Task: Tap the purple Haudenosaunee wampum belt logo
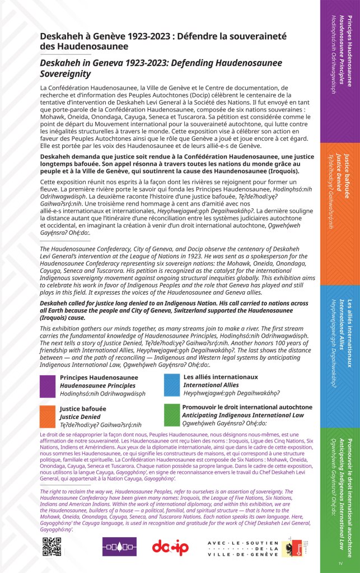coord(119,546)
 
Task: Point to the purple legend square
coord(48,385)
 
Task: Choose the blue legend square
coord(171,385)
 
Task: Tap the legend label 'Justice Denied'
coord(81,417)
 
